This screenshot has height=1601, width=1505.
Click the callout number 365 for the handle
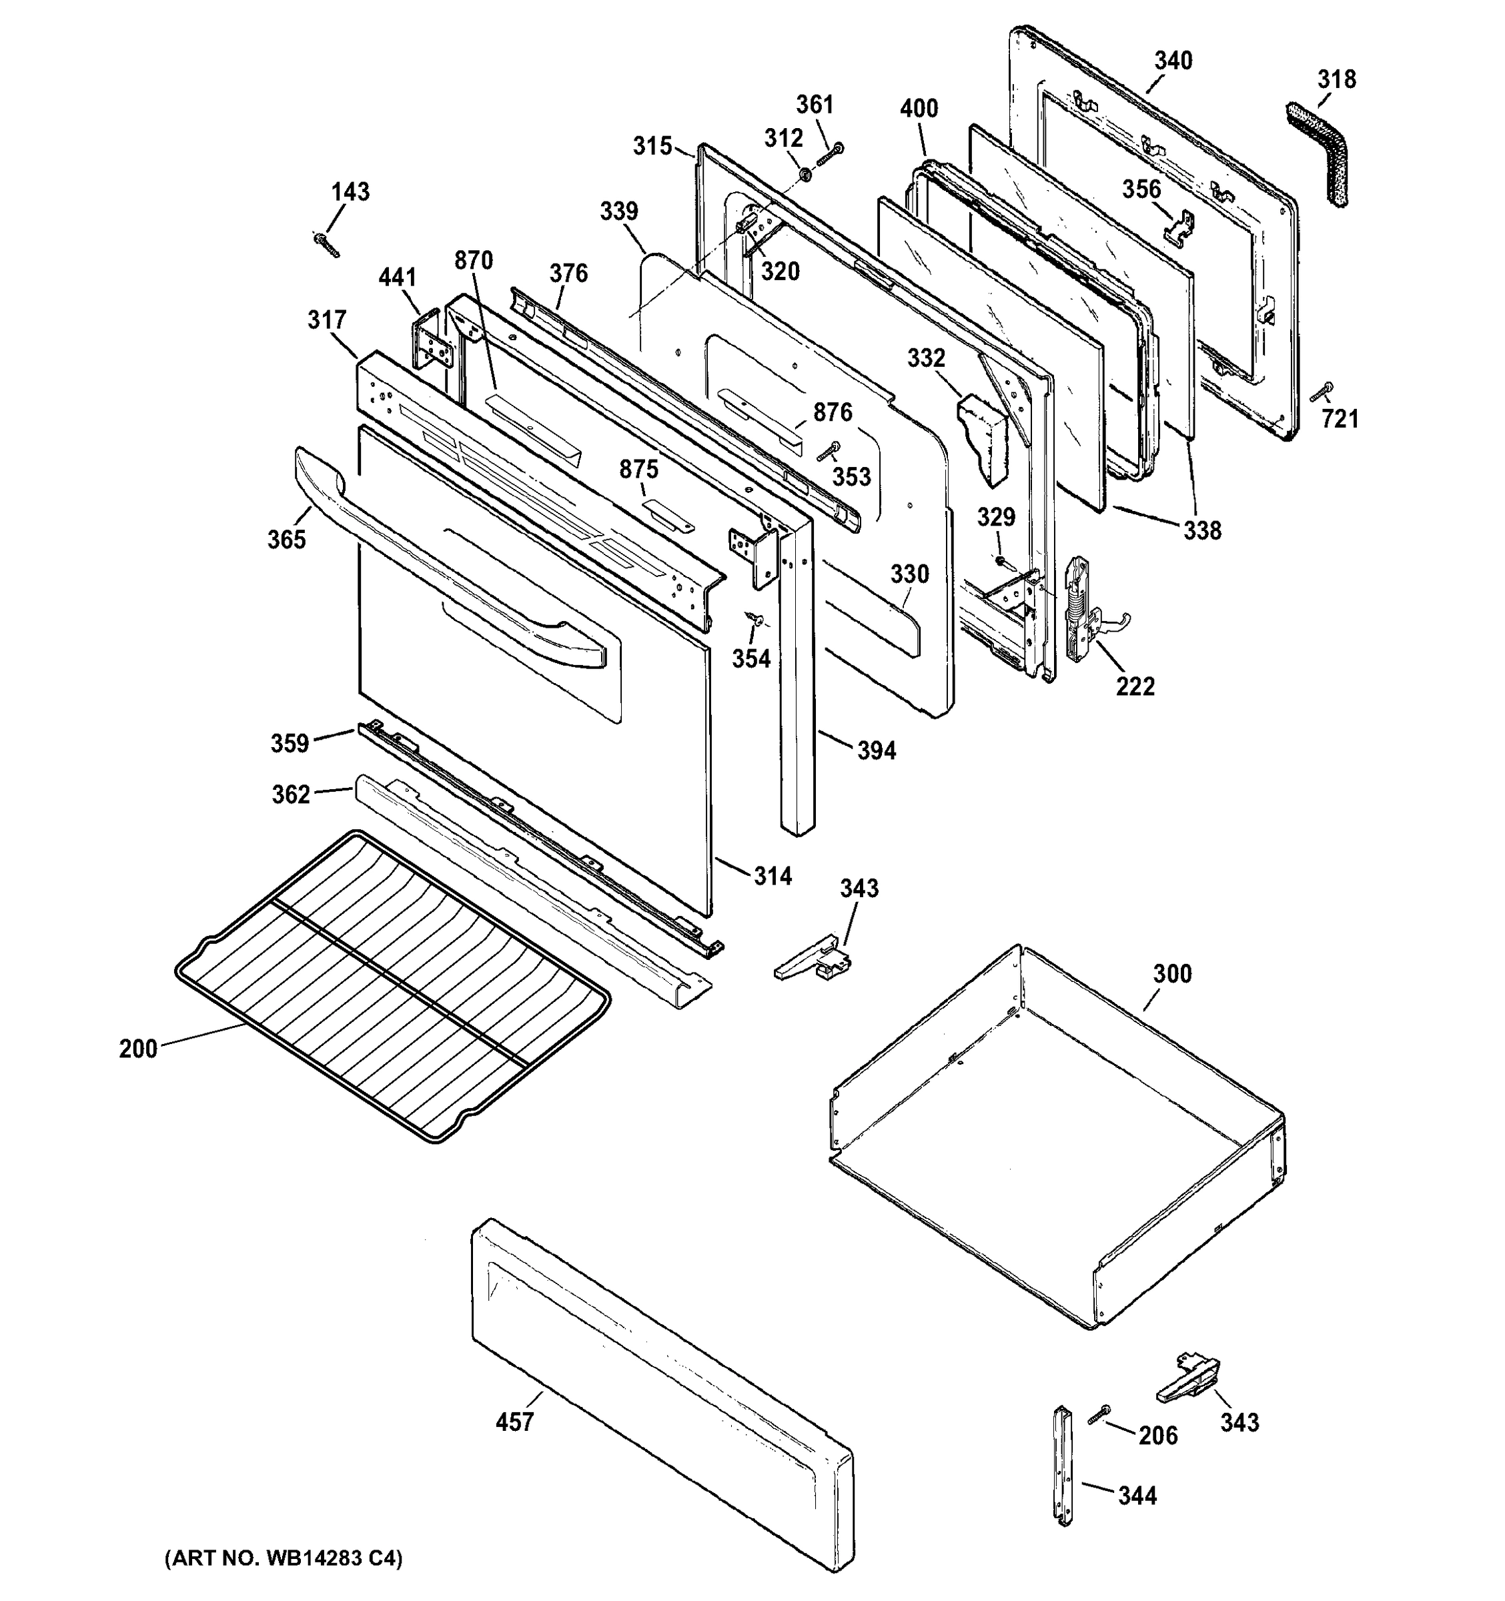(x=287, y=539)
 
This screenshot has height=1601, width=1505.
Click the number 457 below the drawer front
(x=514, y=1422)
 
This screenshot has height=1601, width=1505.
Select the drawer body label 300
(x=1171, y=974)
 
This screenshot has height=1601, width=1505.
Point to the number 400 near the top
(x=919, y=109)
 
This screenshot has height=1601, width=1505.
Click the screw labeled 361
(x=829, y=155)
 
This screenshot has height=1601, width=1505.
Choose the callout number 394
(x=876, y=750)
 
